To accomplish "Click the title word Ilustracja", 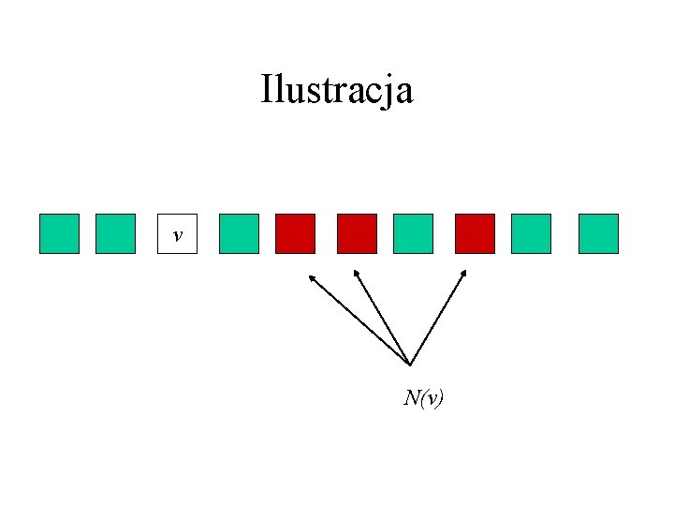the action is (x=337, y=91).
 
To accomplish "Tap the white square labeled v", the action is (x=177, y=233).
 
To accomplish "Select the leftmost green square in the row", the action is (x=59, y=233).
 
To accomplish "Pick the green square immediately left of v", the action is (x=116, y=233).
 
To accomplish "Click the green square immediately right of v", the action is (x=239, y=233).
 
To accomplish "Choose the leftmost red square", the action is (x=295, y=233).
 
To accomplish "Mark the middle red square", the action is (x=357, y=233).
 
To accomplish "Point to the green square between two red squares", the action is (x=413, y=233).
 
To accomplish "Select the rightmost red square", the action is (x=475, y=233).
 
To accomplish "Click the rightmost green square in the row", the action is (x=598, y=233).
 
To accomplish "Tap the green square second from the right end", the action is (x=532, y=233).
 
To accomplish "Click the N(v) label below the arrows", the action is (x=424, y=398).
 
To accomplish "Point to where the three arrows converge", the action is (x=410, y=364).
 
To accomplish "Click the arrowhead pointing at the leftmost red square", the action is (x=312, y=277).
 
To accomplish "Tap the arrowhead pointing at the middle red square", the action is (x=355, y=273).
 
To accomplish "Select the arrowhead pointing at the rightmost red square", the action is (x=463, y=274).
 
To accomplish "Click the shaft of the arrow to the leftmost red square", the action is (x=360, y=320).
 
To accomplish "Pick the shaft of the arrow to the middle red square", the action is (x=382, y=318).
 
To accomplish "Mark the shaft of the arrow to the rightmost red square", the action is (x=437, y=318).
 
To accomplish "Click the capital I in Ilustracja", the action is (x=267, y=90).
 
